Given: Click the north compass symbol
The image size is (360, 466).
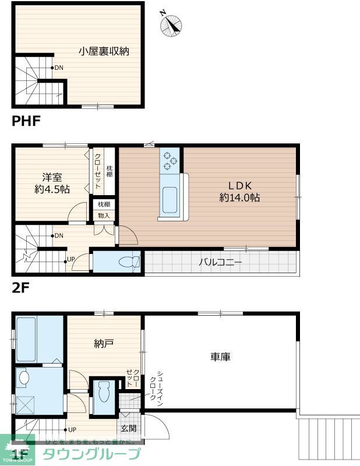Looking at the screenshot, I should click(172, 23).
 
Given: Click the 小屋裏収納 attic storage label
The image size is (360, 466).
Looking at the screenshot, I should click(104, 51).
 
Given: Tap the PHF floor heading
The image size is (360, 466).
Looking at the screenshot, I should click(26, 121).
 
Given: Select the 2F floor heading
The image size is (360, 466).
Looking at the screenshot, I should click(21, 287).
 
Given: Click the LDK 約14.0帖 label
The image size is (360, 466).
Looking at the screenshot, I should click(239, 191).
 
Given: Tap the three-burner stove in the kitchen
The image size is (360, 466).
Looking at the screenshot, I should click(171, 160).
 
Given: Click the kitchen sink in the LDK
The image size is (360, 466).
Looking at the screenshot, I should click(170, 200).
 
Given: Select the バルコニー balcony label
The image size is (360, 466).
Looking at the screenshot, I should click(220, 262).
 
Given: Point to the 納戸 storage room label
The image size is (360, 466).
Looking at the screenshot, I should click(103, 344).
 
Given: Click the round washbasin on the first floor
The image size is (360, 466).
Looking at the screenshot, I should click(23, 377).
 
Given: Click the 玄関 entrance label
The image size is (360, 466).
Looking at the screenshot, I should click(128, 429).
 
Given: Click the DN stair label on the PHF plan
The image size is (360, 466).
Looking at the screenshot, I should click(59, 68).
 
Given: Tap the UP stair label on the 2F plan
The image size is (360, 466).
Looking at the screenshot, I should click(70, 259).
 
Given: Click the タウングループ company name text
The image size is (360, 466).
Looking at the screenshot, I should click(92, 454).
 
